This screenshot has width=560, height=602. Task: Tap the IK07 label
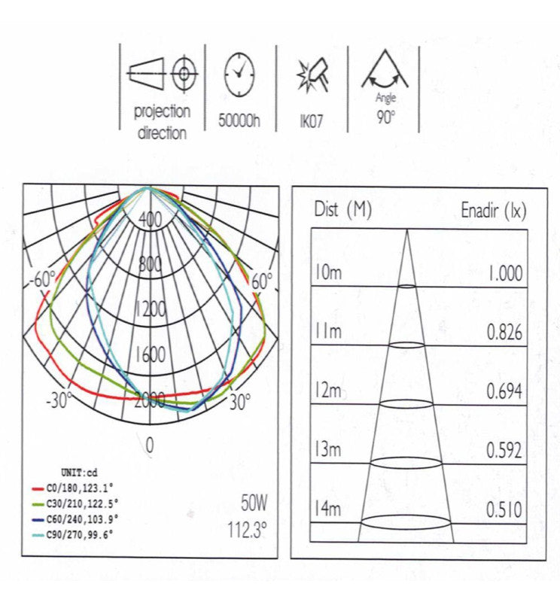[309, 120]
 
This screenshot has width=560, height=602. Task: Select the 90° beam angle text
[385, 118]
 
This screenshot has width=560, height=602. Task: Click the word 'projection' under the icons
[162, 112]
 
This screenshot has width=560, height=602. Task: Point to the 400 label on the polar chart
[150, 220]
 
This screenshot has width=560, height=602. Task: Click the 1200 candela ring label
[150, 309]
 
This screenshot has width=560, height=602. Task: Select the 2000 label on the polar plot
[150, 400]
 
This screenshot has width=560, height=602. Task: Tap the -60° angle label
[42, 280]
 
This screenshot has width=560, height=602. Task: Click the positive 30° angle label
[239, 402]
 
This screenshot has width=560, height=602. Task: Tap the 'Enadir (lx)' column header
[493, 211]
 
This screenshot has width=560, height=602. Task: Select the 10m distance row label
[327, 272]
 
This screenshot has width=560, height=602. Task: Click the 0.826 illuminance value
[504, 332]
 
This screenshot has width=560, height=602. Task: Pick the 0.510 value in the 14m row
[504, 509]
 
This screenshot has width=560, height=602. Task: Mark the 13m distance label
[327, 450]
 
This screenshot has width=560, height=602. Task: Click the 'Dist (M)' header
[342, 211]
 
